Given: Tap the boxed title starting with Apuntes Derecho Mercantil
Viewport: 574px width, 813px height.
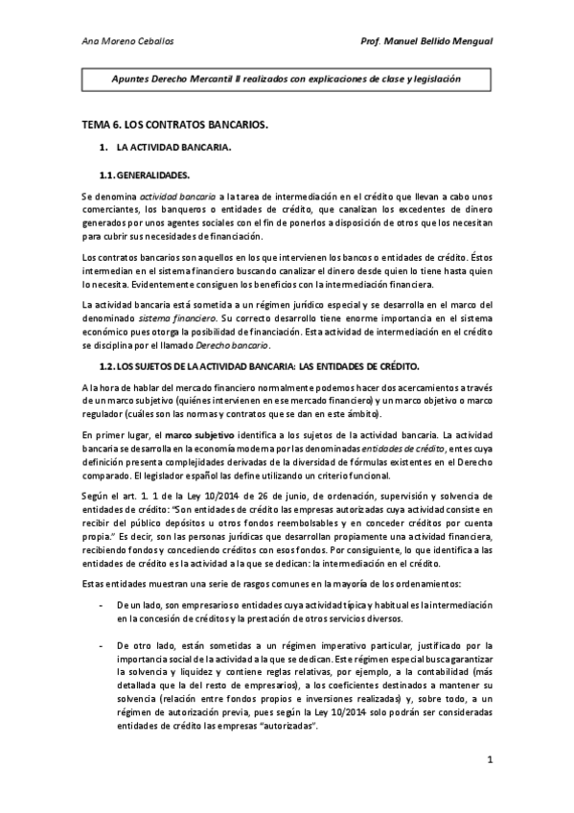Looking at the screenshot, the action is point(286,80).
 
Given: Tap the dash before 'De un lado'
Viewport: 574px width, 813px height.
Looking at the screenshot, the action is point(103,580).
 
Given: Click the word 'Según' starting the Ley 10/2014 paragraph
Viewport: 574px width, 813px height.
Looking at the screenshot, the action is point(95,495).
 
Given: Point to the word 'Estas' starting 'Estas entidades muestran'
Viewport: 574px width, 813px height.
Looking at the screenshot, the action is point(94,557).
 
